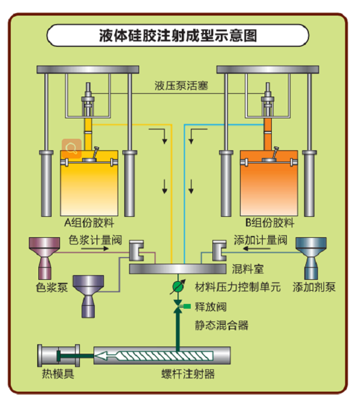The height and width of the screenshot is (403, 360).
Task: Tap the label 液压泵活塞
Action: tap(181, 86)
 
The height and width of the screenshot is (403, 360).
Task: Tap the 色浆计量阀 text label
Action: tap(95, 240)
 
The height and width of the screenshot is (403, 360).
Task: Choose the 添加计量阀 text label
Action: tap(260, 240)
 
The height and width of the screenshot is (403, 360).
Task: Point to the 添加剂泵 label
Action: tap(314, 287)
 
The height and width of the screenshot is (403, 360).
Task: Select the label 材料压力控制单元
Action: tap(238, 287)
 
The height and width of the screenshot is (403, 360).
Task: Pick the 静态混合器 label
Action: tap(221, 326)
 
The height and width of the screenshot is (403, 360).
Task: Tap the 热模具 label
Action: tap(58, 375)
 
